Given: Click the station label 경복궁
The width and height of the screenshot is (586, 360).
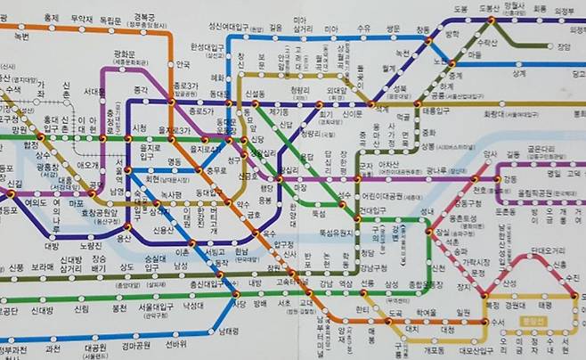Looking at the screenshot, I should click(x=143, y=17).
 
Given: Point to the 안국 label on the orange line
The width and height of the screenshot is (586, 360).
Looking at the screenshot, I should click(x=183, y=64).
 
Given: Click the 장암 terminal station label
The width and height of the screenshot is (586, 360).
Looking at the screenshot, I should click(x=563, y=46).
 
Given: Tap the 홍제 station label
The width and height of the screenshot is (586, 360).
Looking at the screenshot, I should click(x=52, y=17).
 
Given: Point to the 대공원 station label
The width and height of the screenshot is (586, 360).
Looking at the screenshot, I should click(x=96, y=348).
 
